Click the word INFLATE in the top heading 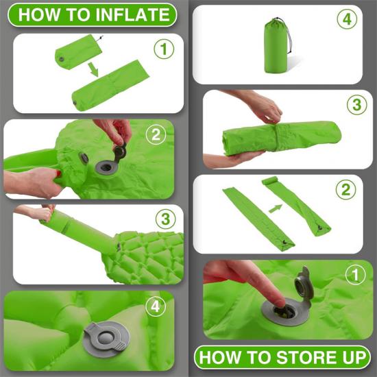[x=132, y=14]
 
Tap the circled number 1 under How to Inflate [x=164, y=49]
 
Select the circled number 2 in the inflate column [x=156, y=134]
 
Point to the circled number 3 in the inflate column [x=165, y=219]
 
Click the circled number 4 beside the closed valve [x=156, y=306]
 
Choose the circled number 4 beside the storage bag [x=347, y=19]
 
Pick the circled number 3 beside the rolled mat [x=357, y=105]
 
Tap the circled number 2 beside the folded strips [x=345, y=189]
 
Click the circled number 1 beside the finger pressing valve [x=355, y=275]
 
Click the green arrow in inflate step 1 [x=93, y=69]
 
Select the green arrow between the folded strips [x=276, y=208]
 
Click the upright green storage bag [x=276, y=46]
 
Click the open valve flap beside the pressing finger [x=304, y=286]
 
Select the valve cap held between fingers [x=121, y=151]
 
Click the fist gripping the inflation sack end [x=47, y=213]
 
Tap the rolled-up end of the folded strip [x=270, y=180]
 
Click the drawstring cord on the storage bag [x=287, y=36]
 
